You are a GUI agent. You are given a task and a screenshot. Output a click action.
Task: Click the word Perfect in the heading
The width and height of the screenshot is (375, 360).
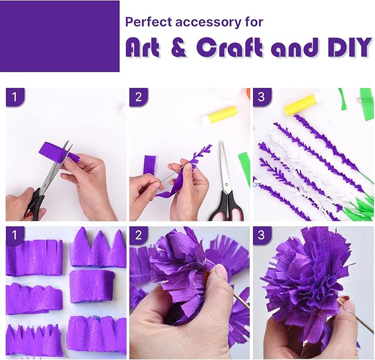[x=145, y=22]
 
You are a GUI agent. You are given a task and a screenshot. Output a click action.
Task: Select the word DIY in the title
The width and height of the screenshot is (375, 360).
[x=347, y=48]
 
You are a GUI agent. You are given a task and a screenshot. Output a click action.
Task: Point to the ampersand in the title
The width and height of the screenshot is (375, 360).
[x=178, y=49]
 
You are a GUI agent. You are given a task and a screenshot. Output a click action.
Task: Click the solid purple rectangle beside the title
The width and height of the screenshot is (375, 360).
[x=60, y=36]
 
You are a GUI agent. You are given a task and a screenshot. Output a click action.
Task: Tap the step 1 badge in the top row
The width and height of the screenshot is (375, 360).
[x=15, y=97]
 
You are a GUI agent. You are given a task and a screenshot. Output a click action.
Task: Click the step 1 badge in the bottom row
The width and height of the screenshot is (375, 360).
[x=15, y=235]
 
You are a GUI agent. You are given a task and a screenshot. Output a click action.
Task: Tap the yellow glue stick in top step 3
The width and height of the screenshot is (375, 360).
[x=301, y=104]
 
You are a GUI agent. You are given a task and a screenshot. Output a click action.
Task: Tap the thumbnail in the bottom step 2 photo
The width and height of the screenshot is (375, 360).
[x=221, y=272]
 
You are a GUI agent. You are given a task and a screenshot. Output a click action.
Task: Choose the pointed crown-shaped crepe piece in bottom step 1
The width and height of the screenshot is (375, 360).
[x=97, y=251]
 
